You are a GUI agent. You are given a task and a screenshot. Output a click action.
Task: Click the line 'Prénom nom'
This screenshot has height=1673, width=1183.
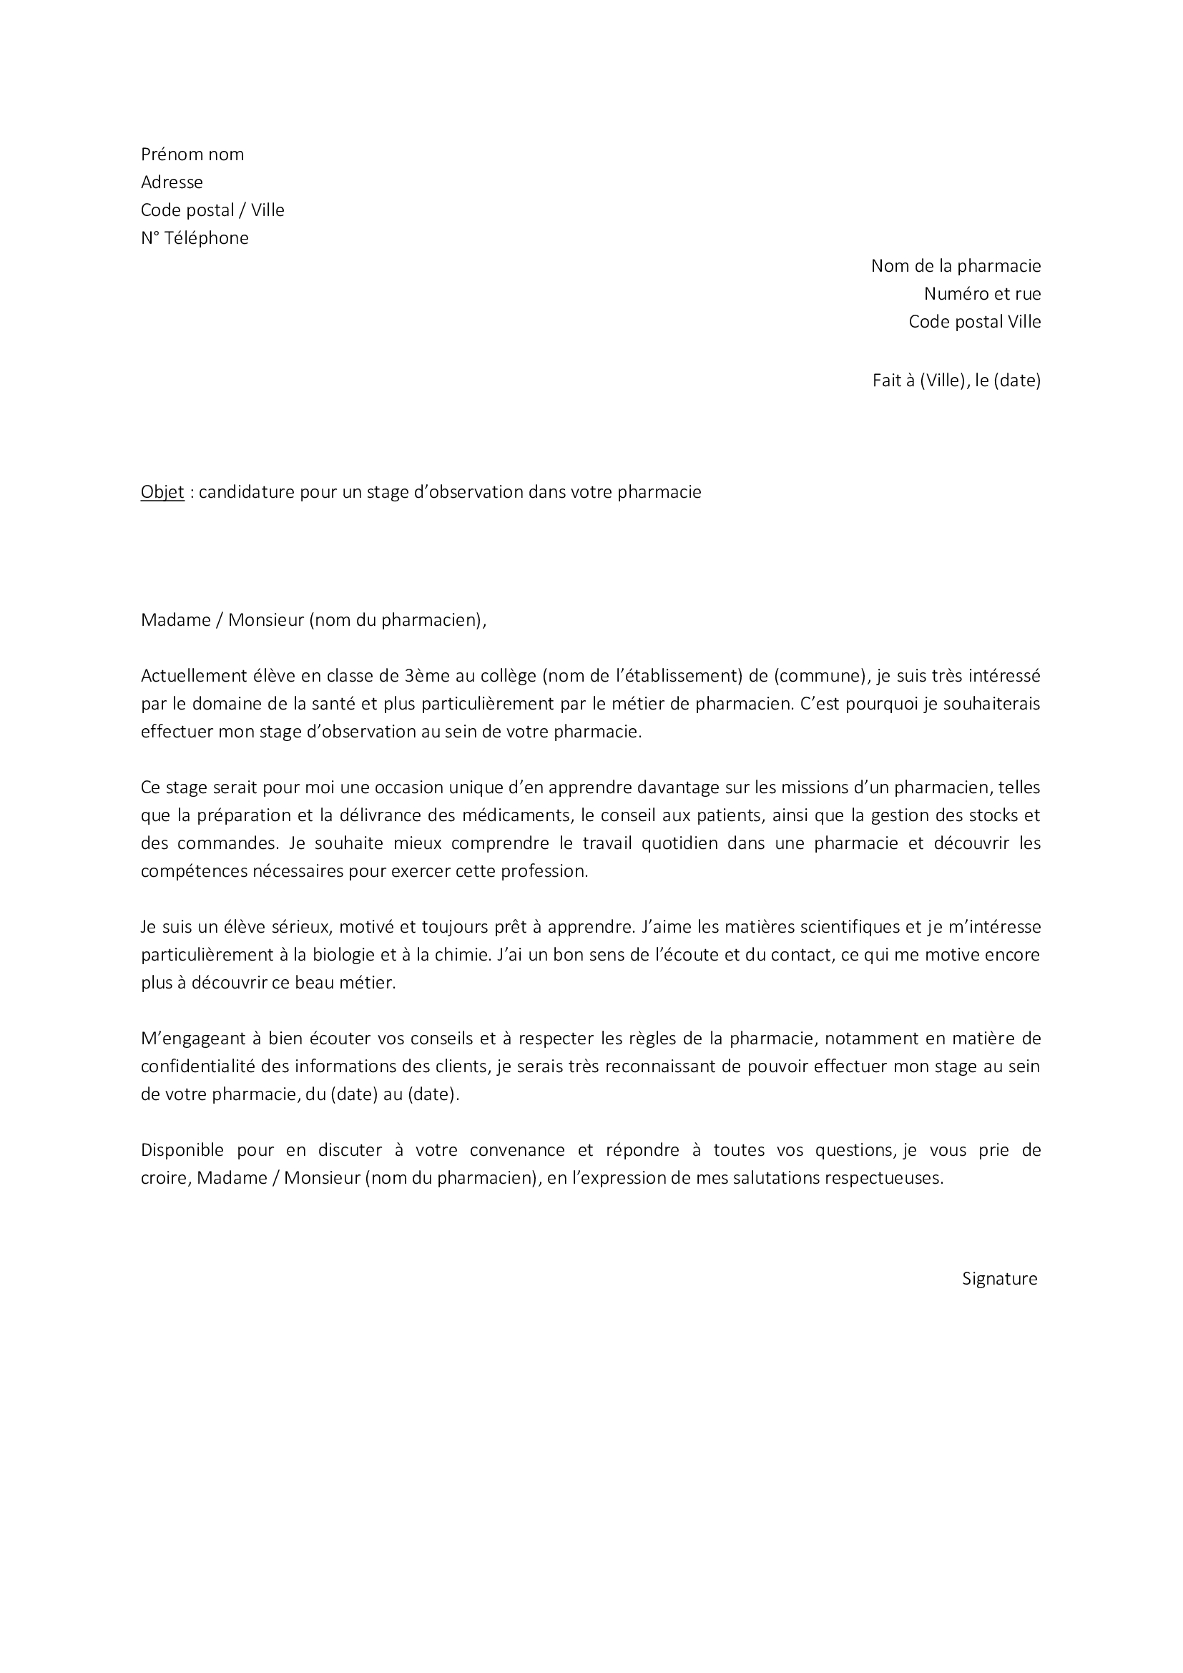192,154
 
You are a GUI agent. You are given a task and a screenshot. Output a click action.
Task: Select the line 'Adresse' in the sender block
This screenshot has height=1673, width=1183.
172,182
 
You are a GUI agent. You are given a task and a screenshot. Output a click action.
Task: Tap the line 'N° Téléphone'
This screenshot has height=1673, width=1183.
195,238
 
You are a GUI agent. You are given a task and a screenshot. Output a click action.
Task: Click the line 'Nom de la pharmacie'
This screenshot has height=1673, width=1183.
956,266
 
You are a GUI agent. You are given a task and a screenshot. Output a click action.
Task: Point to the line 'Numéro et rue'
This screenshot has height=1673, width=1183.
982,294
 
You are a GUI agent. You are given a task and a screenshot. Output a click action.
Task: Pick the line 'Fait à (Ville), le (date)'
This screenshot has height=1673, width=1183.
956,381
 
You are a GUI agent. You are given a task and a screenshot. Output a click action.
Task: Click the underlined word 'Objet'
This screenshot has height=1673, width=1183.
162,493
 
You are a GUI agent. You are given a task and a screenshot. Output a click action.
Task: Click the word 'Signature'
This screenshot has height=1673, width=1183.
999,1279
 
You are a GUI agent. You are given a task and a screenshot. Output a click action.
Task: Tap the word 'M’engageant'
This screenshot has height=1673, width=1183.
189,1039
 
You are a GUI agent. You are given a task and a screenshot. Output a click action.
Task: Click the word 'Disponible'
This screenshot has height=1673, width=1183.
182,1151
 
